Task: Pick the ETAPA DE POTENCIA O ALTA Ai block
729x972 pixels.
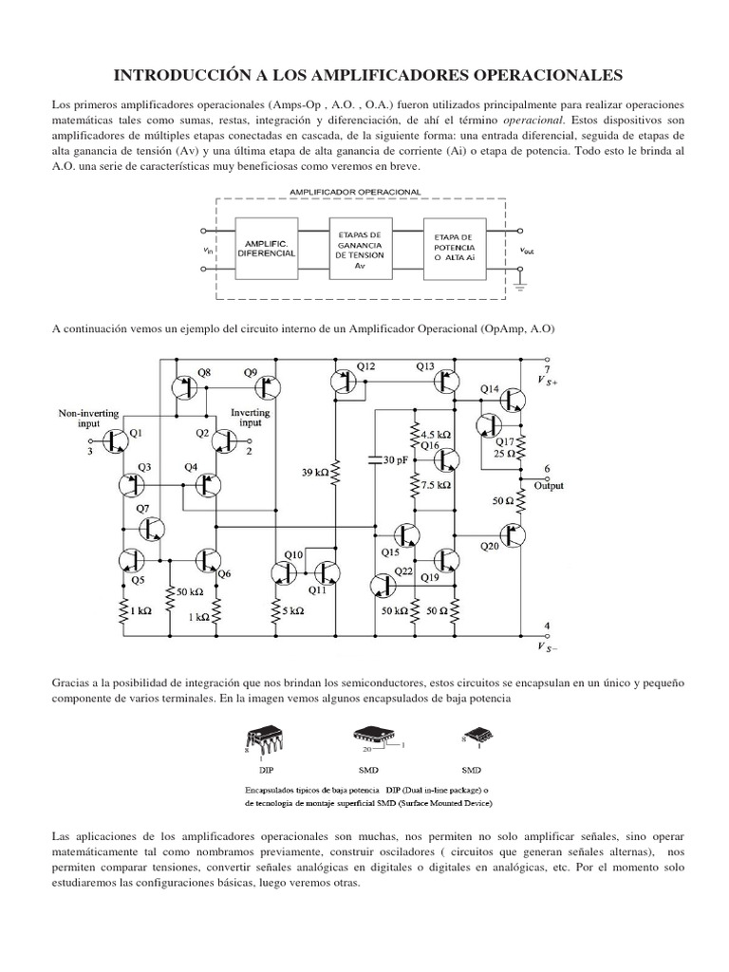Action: tap(458, 249)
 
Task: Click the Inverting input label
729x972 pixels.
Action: tap(251, 419)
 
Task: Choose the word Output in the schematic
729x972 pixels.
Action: tap(548, 485)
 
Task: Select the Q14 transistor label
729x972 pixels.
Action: tap(489, 388)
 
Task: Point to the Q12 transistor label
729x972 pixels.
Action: tap(365, 366)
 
